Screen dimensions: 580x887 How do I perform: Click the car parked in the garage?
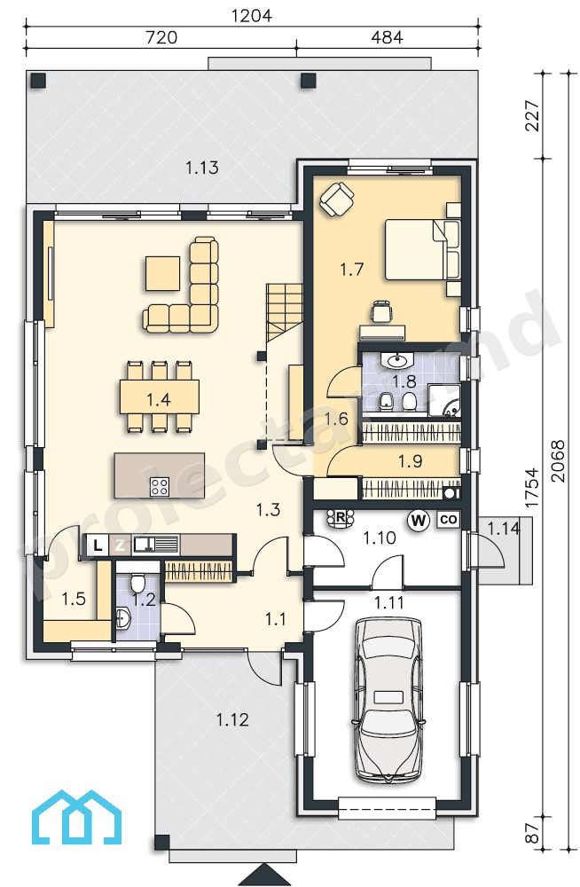click(x=388, y=700)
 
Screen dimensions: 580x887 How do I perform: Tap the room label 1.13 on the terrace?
click(x=202, y=168)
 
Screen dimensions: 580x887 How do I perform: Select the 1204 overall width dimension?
click(x=253, y=15)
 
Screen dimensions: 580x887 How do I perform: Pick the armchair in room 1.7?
click(x=337, y=198)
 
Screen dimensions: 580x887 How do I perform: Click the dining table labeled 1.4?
click(x=159, y=398)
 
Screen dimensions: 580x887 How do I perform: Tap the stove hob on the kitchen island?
click(x=160, y=486)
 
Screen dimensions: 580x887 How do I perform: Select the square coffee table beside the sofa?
click(x=163, y=272)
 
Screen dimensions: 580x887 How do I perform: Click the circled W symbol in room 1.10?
click(x=419, y=519)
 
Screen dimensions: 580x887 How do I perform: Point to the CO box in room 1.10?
click(x=448, y=519)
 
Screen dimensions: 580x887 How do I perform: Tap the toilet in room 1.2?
click(x=137, y=582)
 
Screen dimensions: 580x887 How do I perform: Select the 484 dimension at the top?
click(x=387, y=37)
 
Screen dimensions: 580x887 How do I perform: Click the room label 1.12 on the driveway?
click(x=232, y=719)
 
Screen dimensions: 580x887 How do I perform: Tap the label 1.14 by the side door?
click(x=503, y=529)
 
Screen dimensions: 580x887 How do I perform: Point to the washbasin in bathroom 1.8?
click(x=399, y=360)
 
